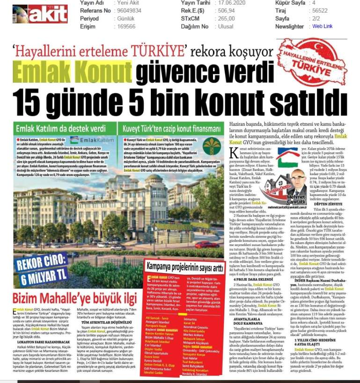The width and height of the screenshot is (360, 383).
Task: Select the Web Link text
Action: (323, 27)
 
